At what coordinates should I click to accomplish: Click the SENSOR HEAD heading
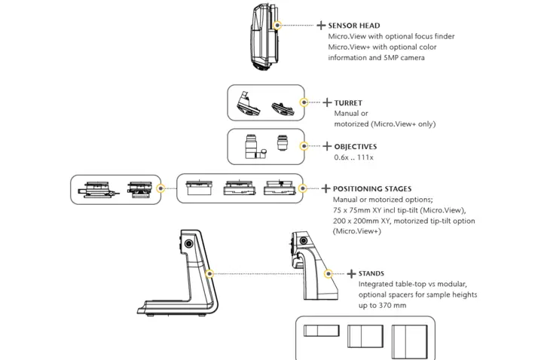click(354, 26)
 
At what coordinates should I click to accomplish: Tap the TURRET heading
click(347, 102)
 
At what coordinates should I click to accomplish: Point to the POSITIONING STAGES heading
click(372, 189)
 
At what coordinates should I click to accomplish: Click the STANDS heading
click(371, 273)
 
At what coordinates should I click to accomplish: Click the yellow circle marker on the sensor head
click(277, 25)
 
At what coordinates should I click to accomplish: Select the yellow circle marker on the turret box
click(304, 102)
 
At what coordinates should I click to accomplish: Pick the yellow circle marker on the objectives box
click(304, 146)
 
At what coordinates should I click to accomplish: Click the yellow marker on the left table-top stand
click(210, 273)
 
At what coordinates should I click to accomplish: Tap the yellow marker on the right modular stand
click(328, 273)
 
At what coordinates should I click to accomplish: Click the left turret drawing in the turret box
click(248, 104)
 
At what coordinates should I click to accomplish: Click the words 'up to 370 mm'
click(383, 306)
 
